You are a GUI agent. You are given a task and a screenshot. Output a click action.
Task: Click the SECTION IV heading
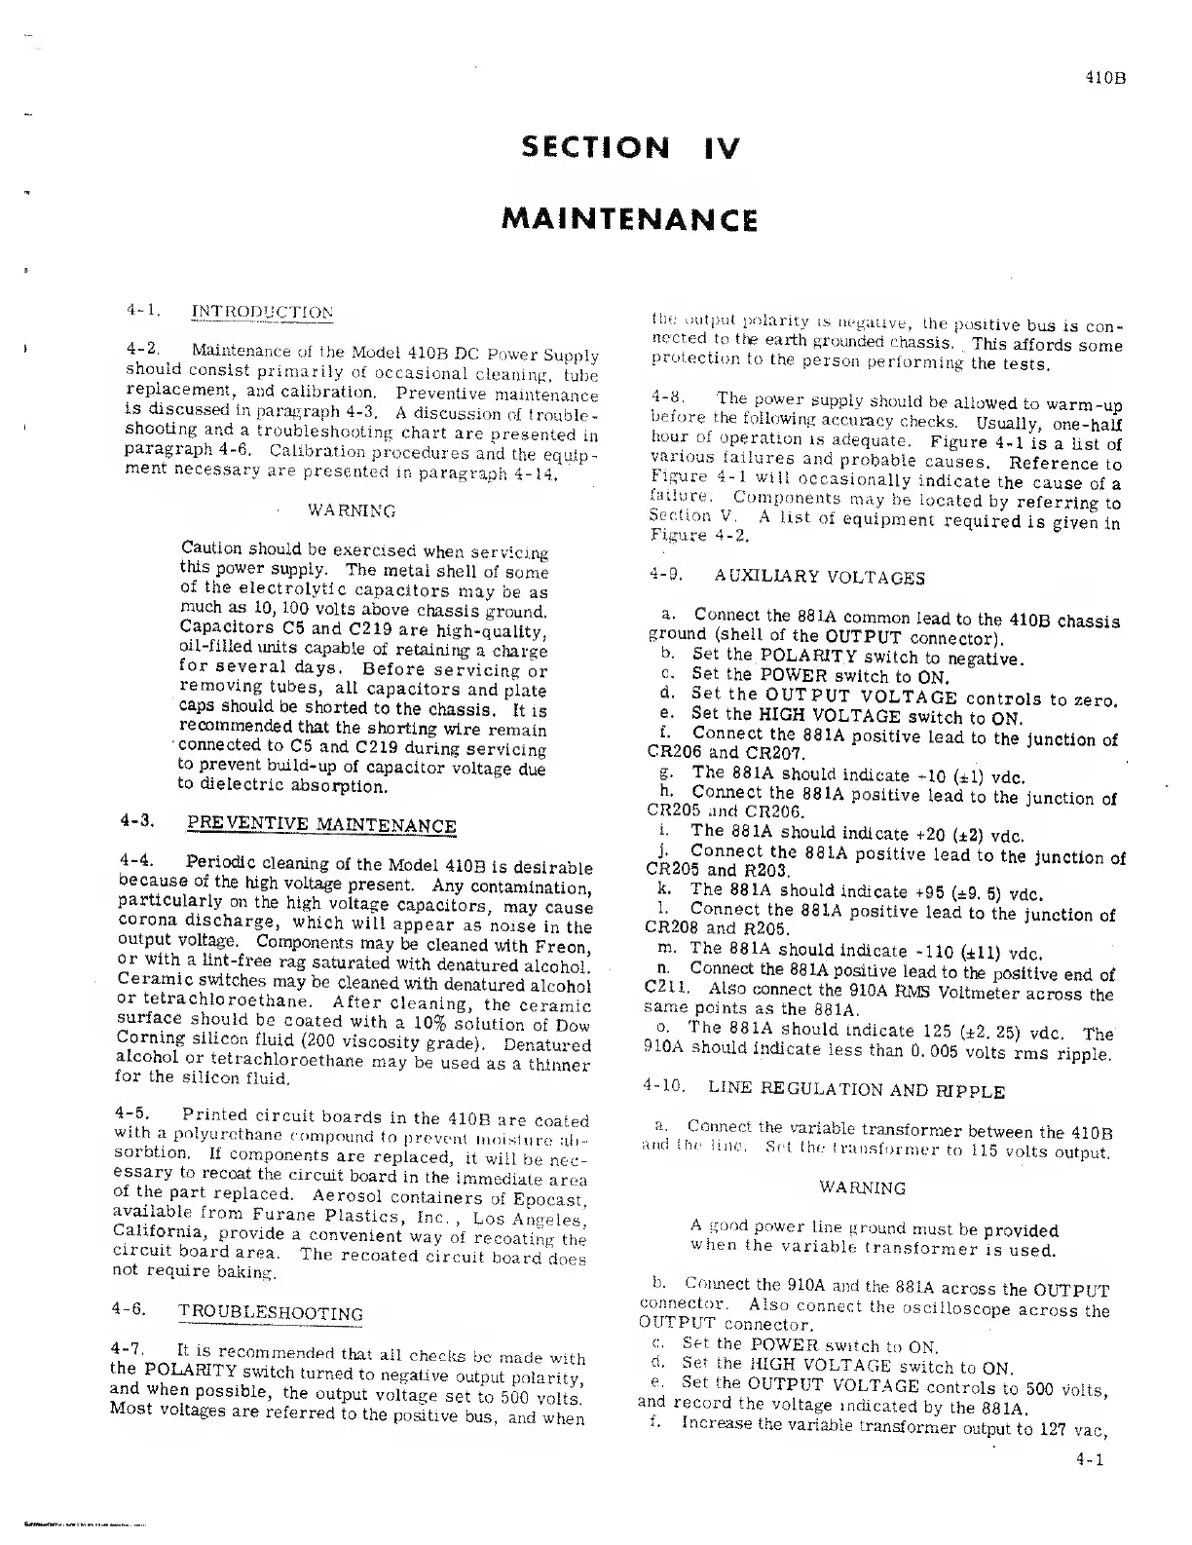630,148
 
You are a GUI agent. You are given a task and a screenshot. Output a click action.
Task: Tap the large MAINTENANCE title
629,218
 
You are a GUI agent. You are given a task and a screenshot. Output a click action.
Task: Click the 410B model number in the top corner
1105,81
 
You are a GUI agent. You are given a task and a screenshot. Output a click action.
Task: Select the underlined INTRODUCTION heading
262,312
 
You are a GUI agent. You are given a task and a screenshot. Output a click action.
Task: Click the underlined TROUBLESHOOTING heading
271,1312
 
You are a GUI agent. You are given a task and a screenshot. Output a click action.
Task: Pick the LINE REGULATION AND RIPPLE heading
856,1090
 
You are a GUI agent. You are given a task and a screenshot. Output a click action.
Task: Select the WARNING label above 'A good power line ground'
863,1188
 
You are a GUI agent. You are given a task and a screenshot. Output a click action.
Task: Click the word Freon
562,946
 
